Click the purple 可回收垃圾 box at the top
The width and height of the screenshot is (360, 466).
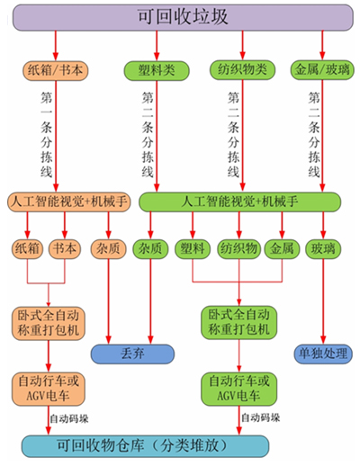pos(183,17)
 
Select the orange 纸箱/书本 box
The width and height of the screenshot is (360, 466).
pos(56,70)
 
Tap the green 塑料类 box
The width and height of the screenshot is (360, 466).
pos(157,71)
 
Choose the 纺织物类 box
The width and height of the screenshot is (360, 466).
pos(242,70)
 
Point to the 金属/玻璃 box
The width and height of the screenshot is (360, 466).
pos(322,70)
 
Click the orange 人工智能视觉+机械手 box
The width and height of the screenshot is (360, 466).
pos(69,202)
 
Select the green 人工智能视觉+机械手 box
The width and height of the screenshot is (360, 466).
pos(239,202)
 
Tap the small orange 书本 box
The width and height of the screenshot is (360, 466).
pos(65,249)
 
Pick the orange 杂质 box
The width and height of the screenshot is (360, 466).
pos(108,249)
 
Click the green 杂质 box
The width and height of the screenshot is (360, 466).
pos(150,249)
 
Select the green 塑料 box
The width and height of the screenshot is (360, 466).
pos(193,249)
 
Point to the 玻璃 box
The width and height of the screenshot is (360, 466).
pos(323,249)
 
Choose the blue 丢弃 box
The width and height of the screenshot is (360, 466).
pos(132,354)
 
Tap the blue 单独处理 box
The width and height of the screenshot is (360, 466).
pos(323,354)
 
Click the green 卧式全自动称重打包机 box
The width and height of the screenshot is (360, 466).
pos(238,323)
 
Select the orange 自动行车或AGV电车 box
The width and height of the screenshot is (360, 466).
pos(49,390)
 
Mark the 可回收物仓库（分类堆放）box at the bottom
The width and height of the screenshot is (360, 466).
pos(145,446)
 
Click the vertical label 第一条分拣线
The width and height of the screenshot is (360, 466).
pos(47,134)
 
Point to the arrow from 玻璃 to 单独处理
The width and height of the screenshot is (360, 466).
pos(323,301)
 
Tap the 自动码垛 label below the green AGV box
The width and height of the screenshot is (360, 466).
pos(261,417)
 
